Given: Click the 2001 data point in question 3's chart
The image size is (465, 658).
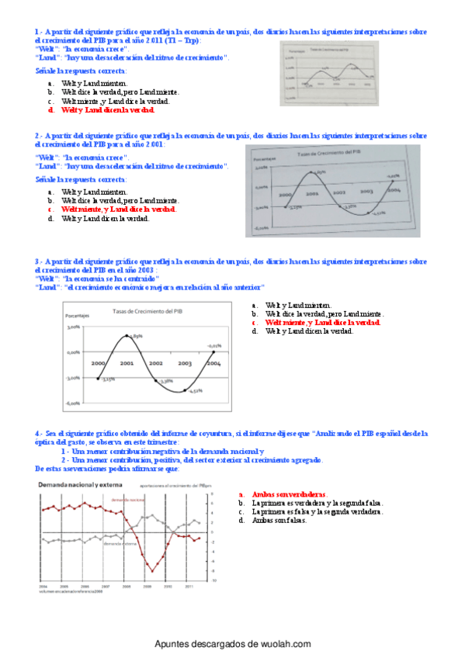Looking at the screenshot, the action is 127,335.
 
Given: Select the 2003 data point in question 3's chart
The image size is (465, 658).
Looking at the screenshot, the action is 185,391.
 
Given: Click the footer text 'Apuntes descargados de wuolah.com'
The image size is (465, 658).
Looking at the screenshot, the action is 233,644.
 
